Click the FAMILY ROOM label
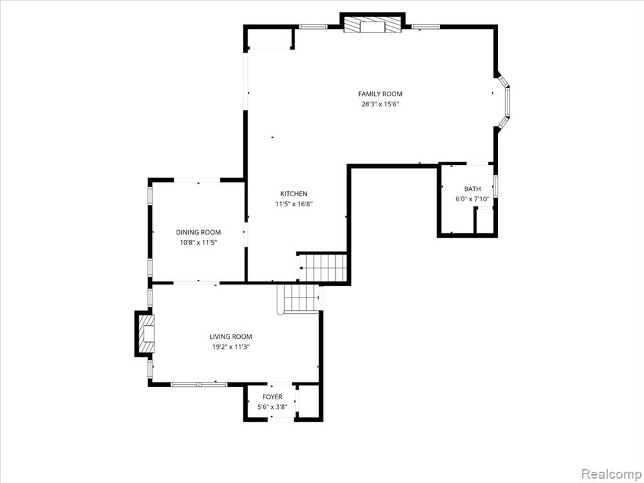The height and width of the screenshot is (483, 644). pyautogui.click(x=380, y=94)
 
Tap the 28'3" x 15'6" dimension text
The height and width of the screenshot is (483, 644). pyautogui.click(x=380, y=104)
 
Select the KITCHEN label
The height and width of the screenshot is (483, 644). pyautogui.click(x=294, y=194)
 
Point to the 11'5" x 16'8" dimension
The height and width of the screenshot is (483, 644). pyautogui.click(x=294, y=204)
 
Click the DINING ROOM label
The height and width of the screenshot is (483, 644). pyautogui.click(x=198, y=233)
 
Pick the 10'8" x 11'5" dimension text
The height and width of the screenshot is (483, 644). pyautogui.click(x=198, y=243)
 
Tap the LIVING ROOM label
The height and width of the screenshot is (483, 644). pyautogui.click(x=231, y=337)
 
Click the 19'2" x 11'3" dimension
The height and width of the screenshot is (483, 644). pyautogui.click(x=231, y=347)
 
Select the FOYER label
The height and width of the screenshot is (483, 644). pyautogui.click(x=272, y=397)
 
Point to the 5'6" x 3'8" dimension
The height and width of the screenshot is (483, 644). pyautogui.click(x=272, y=408)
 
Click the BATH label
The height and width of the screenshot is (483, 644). pyautogui.click(x=472, y=189)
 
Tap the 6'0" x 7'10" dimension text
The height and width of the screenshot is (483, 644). pyautogui.click(x=472, y=199)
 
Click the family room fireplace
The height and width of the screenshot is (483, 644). pyautogui.click(x=372, y=25)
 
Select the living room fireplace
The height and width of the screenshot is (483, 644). pyautogui.click(x=147, y=333)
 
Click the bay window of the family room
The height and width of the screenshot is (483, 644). pyautogui.click(x=505, y=101)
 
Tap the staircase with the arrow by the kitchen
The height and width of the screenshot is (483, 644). pyautogui.click(x=323, y=268)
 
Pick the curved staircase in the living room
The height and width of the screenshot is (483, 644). pyautogui.click(x=299, y=299)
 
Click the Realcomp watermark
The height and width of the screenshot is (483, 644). pyautogui.click(x=611, y=474)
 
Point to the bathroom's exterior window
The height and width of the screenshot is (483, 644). pyautogui.click(x=496, y=186)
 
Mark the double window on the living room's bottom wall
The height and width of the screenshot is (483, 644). pyautogui.click(x=199, y=384)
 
